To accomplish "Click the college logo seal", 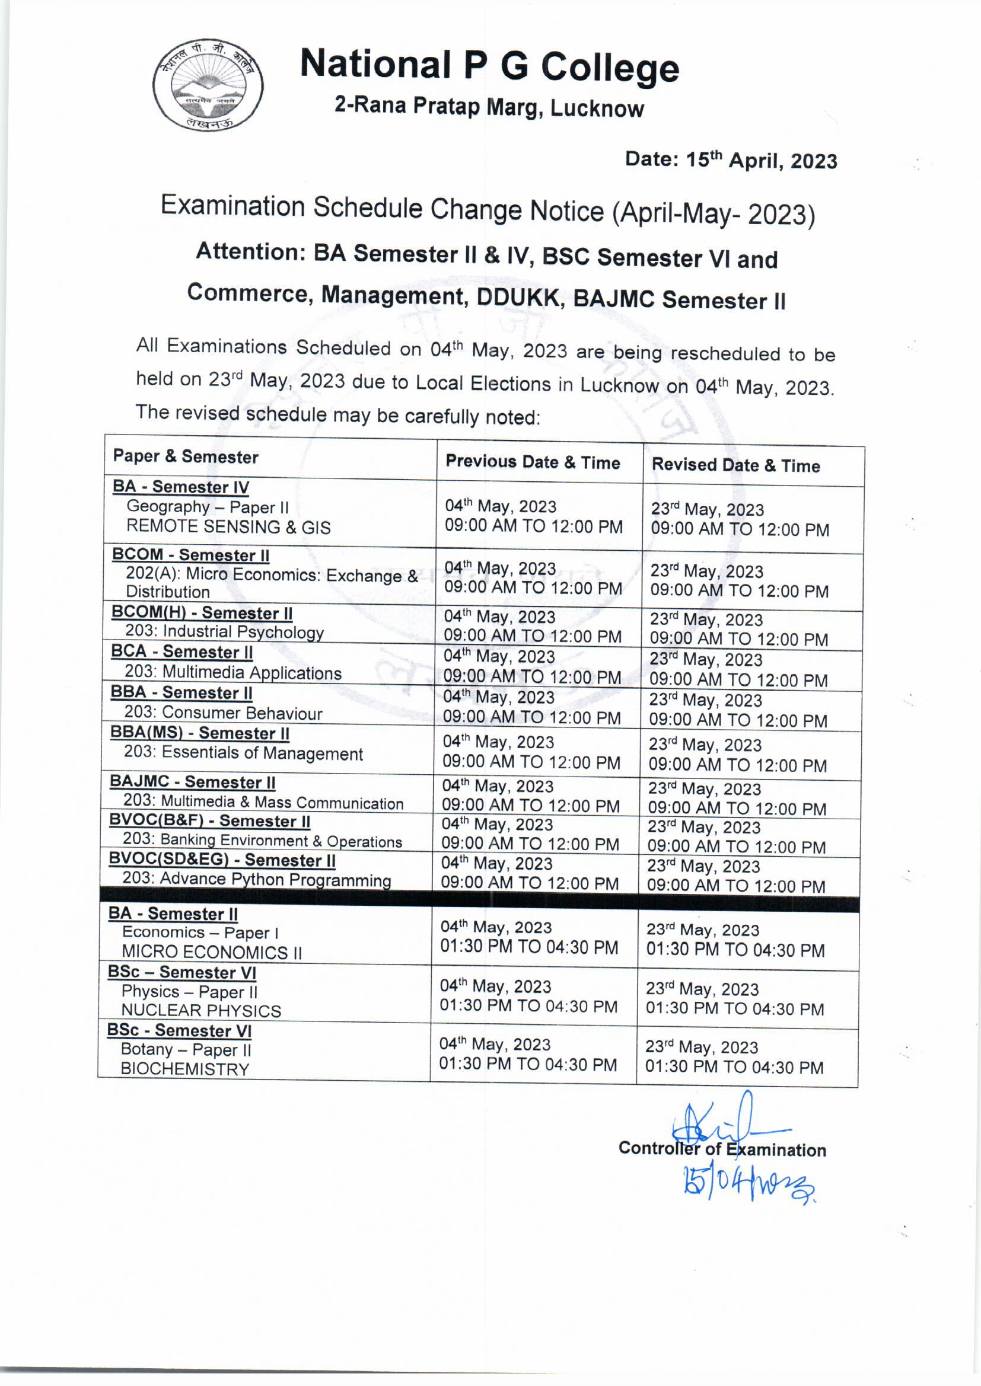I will (208, 85).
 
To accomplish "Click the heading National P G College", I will (489, 66).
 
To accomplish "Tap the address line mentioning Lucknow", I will (489, 107).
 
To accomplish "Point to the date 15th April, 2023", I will (731, 160).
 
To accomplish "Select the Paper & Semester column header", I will (186, 457).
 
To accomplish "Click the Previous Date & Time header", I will (533, 462).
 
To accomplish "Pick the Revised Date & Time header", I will (735, 465).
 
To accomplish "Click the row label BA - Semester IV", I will (181, 487).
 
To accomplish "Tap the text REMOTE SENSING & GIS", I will (228, 527).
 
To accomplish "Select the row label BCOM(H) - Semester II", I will (202, 613).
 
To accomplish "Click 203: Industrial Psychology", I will (224, 632).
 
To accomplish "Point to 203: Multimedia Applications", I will (233, 672).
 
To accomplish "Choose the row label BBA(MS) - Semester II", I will (200, 733).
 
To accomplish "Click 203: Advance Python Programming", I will (257, 880).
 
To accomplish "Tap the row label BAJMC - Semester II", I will (192, 782).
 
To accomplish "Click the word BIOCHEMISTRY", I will (185, 1069).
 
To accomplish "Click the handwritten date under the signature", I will (749, 1186).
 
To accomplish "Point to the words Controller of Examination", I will (722, 1149).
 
